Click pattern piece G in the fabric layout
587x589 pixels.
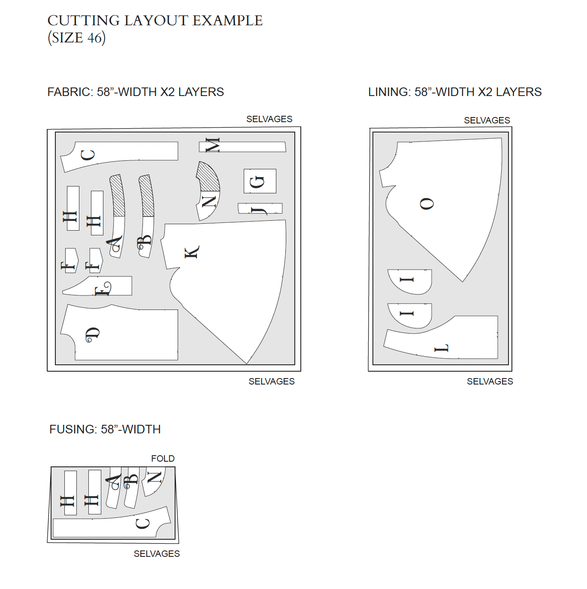coord(260,181)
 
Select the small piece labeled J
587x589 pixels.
coord(260,208)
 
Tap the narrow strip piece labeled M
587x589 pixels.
coord(242,147)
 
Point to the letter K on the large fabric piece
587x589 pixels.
coord(191,252)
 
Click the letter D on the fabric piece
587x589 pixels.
coord(92,335)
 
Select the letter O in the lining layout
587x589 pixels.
coord(427,204)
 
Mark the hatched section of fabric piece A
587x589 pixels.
coord(117,195)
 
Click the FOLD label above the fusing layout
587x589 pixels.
coord(163,459)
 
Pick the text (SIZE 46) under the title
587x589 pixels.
coord(76,38)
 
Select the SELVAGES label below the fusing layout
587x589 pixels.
coord(157,554)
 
